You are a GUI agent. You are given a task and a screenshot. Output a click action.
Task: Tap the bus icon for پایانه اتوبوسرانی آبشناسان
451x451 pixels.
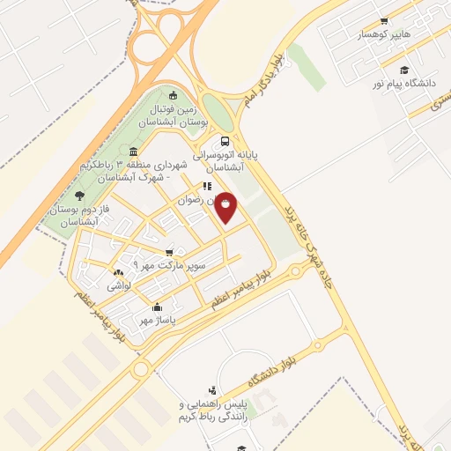pyautogui.click(x=226, y=141)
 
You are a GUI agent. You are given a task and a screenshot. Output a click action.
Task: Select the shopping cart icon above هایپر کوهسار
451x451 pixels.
pyautogui.click(x=384, y=20)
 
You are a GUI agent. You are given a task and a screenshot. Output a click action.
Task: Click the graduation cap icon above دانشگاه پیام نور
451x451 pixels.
pyautogui.click(x=404, y=70)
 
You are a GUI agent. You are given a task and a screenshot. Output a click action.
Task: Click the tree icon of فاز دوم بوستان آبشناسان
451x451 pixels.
pyautogui.click(x=80, y=196)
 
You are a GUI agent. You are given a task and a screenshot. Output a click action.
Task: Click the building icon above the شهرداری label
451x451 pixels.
pyautogui.click(x=133, y=151)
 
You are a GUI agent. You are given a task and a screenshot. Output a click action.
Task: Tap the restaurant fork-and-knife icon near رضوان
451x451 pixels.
pyautogui.click(x=207, y=186)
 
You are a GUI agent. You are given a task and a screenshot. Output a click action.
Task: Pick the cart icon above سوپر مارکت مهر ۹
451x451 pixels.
pyautogui.click(x=169, y=251)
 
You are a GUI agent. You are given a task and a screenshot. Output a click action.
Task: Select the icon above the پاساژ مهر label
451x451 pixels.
pyautogui.click(x=157, y=307)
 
